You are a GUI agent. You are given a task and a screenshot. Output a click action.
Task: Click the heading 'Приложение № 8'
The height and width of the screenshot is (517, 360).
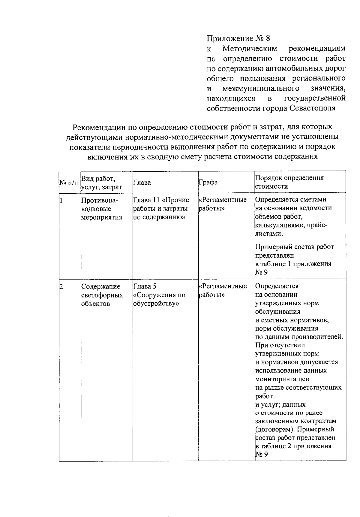(238, 38)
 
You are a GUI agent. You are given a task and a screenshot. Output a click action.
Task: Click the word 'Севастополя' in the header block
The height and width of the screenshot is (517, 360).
(312, 108)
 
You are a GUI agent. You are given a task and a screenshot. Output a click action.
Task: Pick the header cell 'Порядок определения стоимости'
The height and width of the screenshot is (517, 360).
(289, 182)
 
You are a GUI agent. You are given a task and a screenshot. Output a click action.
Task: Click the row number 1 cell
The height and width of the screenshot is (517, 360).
(61, 200)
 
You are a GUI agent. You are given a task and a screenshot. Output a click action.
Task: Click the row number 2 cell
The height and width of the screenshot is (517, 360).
(61, 286)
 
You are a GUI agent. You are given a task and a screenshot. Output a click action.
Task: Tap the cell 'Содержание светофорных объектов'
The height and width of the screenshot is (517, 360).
(102, 295)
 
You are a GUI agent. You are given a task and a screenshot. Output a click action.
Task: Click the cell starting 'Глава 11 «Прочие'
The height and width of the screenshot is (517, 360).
(161, 208)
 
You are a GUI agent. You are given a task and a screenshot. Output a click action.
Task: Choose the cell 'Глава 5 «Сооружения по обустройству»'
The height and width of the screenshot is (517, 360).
(159, 295)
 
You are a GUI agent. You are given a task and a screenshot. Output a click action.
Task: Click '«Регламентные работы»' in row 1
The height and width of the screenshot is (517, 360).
(223, 204)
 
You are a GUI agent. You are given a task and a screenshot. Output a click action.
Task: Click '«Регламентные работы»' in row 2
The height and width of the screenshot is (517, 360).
(223, 290)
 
